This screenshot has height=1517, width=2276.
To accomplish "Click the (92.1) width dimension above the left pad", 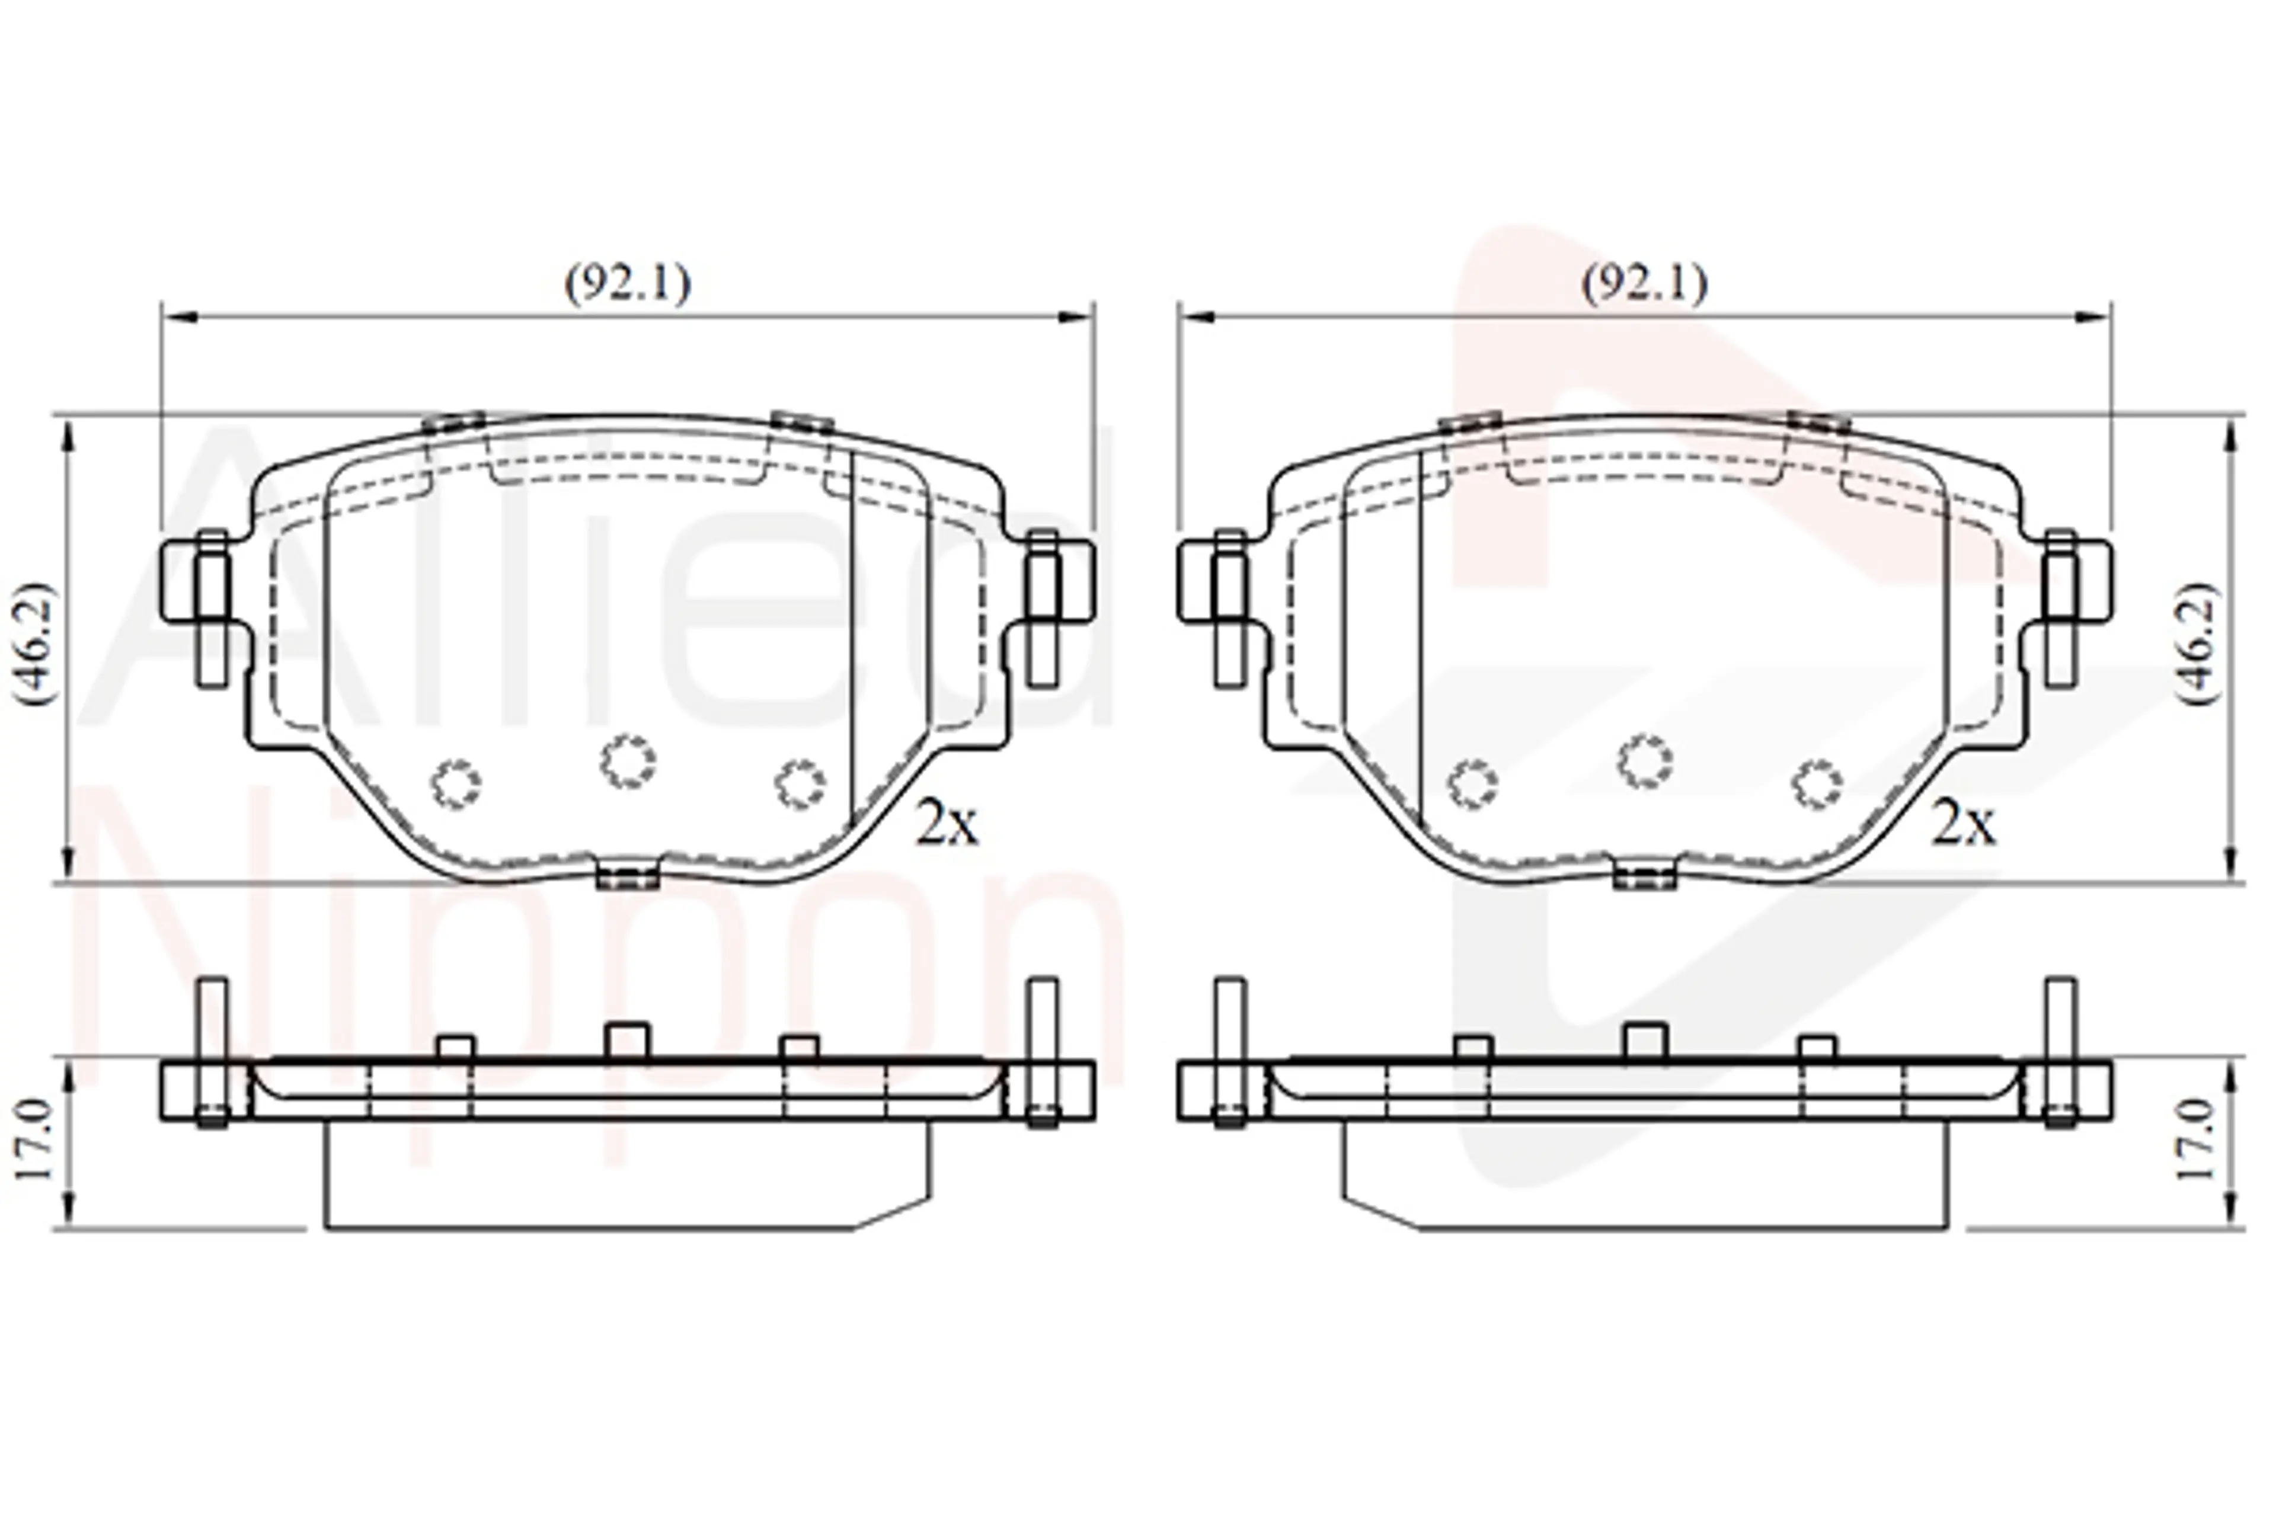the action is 628,283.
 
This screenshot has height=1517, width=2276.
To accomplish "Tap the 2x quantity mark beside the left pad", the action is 947,823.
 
